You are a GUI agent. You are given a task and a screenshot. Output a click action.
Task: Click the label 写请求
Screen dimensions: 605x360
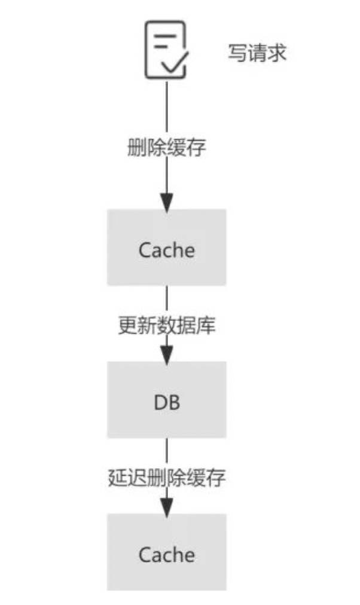[257, 53]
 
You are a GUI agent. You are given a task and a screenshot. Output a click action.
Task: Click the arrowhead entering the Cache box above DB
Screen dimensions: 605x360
[166, 202]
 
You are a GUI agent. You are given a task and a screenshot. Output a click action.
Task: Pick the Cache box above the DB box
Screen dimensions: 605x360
[166, 247]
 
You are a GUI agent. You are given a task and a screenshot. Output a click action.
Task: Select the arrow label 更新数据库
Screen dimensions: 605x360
[166, 326]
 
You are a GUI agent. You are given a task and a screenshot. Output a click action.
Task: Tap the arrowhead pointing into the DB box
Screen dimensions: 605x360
[166, 355]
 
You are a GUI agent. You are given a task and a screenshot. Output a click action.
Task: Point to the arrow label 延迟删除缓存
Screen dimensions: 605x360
[166, 478]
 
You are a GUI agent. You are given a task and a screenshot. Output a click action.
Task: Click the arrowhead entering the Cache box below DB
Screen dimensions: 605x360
[166, 506]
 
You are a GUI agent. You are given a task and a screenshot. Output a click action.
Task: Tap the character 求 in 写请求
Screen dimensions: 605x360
[277, 53]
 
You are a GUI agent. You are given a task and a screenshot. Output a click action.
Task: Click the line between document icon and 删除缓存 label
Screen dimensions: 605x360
[166, 108]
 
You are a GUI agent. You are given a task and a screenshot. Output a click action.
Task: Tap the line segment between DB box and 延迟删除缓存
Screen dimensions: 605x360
[166, 451]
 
